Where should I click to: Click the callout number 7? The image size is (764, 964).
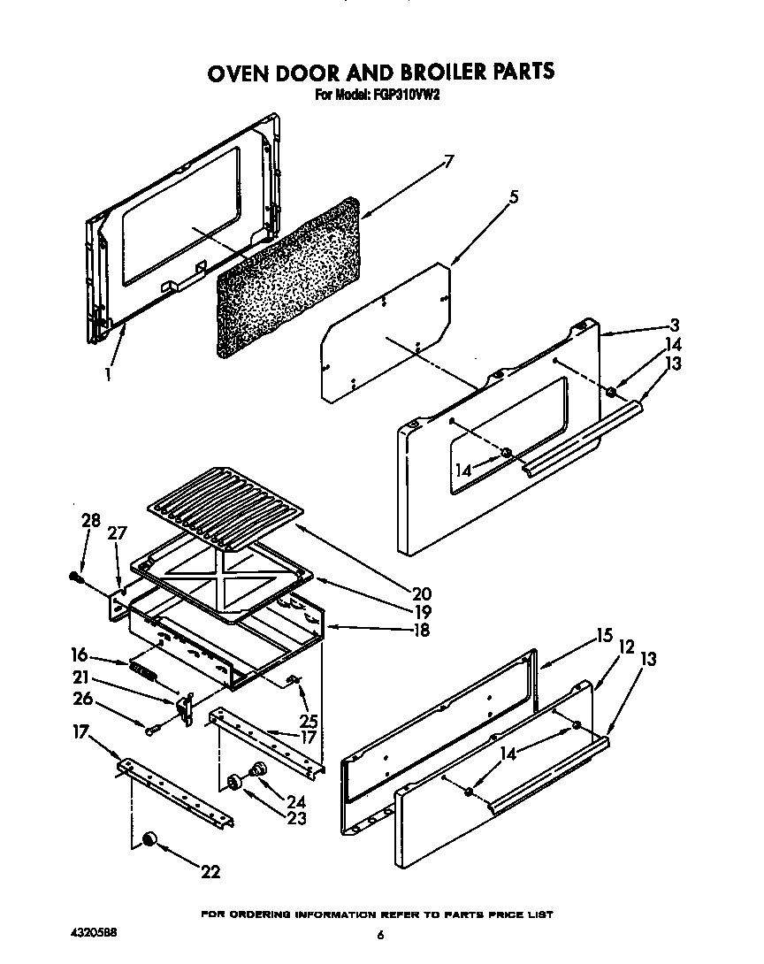(448, 161)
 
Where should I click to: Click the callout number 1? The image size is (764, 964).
(108, 374)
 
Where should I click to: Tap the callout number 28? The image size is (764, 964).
(91, 521)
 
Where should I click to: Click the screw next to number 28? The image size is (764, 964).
(75, 578)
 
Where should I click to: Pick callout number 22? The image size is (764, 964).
(210, 872)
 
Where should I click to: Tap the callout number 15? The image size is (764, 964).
(605, 634)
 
